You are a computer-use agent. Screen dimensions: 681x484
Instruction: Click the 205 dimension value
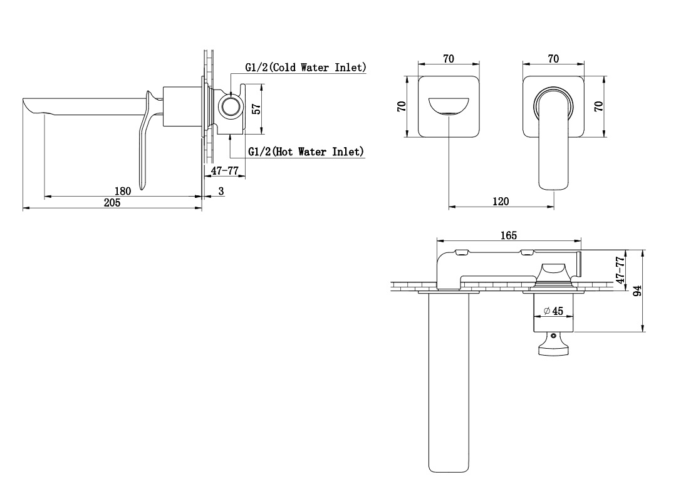112,203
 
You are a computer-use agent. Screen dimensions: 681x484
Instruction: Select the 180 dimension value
122,191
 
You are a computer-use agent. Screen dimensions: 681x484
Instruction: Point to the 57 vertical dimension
257,108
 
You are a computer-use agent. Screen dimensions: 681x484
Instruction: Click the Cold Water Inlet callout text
306,67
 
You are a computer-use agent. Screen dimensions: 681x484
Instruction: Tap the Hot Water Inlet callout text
306,152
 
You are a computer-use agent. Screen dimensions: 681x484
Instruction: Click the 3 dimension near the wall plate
221,191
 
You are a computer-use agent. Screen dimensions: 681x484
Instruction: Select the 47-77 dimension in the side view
224,170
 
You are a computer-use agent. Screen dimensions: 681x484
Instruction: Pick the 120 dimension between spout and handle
501,202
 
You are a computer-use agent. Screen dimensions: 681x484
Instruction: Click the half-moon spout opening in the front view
449,107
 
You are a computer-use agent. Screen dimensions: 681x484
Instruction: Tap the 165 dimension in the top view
509,235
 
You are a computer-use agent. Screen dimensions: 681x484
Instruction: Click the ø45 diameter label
553,311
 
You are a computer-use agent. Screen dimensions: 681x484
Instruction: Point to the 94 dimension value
637,291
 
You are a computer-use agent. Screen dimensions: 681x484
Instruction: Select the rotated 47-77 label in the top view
621,270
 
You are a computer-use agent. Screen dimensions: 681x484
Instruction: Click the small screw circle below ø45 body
553,336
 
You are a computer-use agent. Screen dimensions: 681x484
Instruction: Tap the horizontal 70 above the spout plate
449,59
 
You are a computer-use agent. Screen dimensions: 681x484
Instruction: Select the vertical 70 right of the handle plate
599,106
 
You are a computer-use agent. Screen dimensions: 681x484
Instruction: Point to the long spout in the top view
448,382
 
